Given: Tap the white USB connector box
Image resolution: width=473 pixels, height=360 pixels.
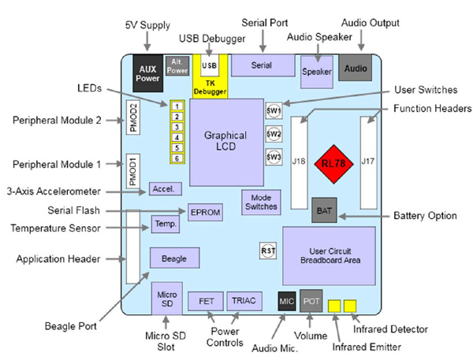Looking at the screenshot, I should (x=210, y=65).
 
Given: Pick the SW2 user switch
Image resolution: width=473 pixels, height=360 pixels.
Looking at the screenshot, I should (x=274, y=133).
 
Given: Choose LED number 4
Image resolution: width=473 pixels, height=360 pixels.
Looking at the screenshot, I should (x=178, y=137).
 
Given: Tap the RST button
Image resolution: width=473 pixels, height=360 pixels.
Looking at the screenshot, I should (x=267, y=251).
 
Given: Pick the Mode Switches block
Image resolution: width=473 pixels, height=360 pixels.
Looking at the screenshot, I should (x=261, y=202).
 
